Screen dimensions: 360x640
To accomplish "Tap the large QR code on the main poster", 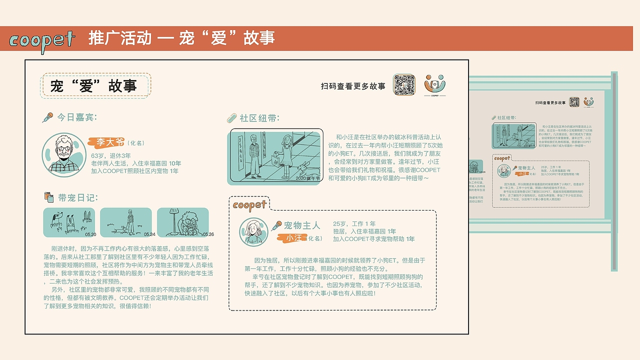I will (404, 85).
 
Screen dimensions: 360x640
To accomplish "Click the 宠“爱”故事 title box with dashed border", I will (95, 86).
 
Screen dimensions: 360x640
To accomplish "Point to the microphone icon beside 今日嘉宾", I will (47, 117).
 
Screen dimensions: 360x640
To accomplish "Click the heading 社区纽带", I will (259, 118).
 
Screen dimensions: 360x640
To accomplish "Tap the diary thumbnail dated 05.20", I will (69, 222).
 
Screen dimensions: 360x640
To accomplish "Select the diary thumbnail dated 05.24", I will (126, 222).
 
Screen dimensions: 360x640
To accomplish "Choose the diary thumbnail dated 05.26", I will (183, 222).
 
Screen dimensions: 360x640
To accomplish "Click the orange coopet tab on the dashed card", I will (249, 204).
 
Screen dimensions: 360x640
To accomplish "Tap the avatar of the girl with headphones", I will (253, 231).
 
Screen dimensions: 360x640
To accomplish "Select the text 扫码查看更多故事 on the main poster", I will (353, 86).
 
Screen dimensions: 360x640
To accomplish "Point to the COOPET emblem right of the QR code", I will (434, 84).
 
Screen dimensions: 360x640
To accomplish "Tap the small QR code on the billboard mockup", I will (574, 102).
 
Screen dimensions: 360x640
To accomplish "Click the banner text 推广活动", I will (120, 38).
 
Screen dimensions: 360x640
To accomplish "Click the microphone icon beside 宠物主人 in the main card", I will (276, 226).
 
